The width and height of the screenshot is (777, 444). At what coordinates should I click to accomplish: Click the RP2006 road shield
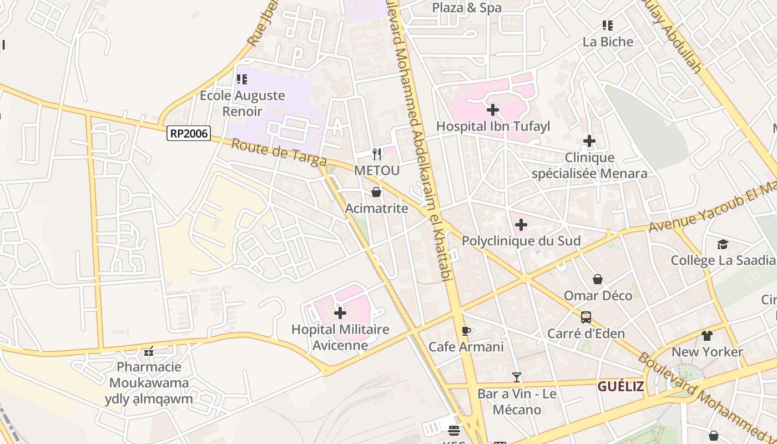(x=189, y=133)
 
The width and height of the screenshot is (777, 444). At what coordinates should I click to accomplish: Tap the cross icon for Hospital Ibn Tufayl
(x=492, y=109)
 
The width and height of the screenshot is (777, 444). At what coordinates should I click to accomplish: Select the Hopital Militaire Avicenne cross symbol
(x=340, y=313)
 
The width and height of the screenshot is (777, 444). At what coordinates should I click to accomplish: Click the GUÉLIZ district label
(x=620, y=386)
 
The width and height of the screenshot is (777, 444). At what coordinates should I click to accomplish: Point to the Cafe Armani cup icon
(x=466, y=331)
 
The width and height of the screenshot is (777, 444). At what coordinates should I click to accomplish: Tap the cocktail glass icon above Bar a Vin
(x=517, y=377)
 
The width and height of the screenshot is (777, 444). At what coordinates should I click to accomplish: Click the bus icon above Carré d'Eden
(x=586, y=317)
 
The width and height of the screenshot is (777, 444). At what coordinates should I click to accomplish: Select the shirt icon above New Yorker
(x=707, y=335)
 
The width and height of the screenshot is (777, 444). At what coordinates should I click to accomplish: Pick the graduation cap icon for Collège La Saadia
(x=722, y=244)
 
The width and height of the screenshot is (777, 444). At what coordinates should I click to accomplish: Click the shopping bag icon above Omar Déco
(x=598, y=279)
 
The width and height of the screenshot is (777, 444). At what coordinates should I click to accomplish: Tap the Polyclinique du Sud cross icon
(x=521, y=225)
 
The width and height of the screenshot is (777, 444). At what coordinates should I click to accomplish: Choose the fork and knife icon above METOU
(x=377, y=154)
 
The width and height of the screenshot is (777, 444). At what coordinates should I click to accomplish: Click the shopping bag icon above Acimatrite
(x=376, y=192)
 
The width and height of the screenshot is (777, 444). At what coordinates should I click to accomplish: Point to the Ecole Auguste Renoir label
(x=242, y=103)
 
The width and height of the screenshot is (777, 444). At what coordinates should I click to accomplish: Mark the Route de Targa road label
(x=278, y=153)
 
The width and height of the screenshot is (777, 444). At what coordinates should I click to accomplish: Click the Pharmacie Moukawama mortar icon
(x=148, y=351)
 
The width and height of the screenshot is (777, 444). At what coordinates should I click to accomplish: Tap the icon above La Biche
(x=608, y=26)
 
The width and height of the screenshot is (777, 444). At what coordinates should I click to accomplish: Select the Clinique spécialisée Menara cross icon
(x=589, y=142)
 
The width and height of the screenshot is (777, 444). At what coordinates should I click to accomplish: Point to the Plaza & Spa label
(x=467, y=8)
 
